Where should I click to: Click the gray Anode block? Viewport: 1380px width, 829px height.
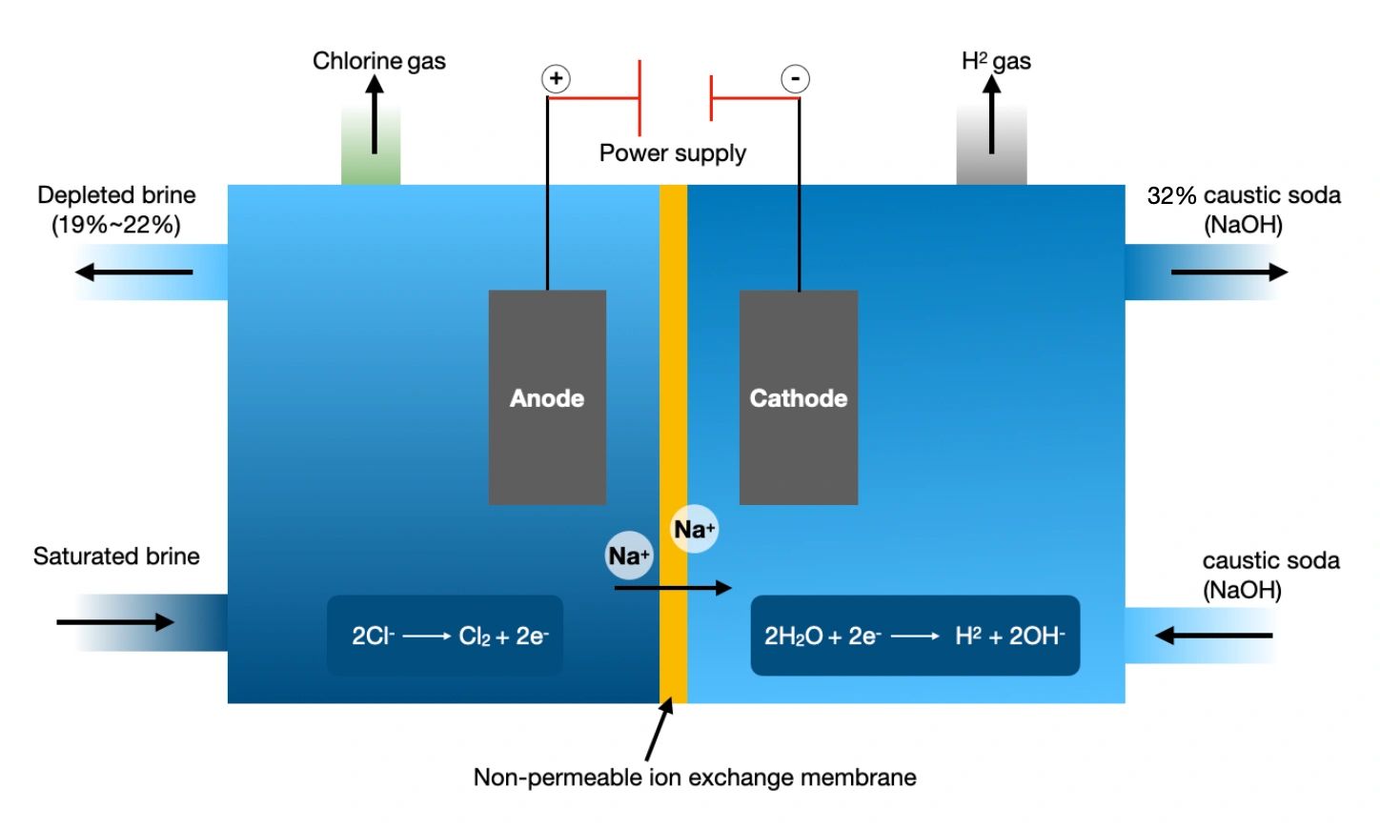click(547, 397)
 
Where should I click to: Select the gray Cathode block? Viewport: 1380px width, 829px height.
click(799, 397)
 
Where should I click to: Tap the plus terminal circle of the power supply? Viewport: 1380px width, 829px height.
click(557, 78)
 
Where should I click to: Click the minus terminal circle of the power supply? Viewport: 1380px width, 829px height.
click(795, 78)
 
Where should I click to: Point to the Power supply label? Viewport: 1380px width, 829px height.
click(672, 152)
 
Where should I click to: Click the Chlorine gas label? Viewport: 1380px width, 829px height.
click(378, 61)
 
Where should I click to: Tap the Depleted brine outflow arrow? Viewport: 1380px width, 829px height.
click(133, 273)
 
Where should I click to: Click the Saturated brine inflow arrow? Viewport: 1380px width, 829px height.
click(115, 622)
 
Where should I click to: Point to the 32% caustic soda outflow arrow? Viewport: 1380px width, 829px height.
click(1229, 273)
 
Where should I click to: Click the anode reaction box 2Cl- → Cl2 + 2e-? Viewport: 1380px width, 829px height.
click(445, 636)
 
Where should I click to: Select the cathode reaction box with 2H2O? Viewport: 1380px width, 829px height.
click(915, 636)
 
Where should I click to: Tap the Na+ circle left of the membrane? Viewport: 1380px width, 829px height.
click(629, 556)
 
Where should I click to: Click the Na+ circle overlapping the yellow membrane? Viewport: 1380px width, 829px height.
click(694, 529)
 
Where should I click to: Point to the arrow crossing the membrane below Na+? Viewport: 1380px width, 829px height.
click(673, 588)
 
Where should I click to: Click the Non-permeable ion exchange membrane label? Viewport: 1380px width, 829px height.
click(695, 778)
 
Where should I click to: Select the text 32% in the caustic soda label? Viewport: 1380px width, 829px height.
click(1171, 195)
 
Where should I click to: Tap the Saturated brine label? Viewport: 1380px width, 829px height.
click(116, 556)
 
